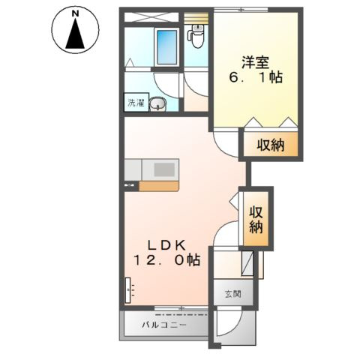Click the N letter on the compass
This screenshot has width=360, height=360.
[x=75, y=13]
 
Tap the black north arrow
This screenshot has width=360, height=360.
[x=75, y=33]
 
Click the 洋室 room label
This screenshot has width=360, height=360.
[x=255, y=62]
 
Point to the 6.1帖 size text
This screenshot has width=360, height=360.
[x=256, y=77]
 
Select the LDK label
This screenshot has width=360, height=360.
[x=167, y=245]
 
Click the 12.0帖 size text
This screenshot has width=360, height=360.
[x=167, y=260]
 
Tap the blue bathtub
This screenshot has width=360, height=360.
[x=166, y=46]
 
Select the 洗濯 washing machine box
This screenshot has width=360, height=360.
[x=136, y=103]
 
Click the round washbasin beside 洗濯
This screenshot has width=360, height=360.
[x=157, y=104]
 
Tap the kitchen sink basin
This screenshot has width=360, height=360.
[x=164, y=169]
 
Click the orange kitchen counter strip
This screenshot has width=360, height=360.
[x=159, y=186]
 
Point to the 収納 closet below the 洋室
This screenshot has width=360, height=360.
[x=271, y=145]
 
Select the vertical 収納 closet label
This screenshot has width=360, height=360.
[x=256, y=220]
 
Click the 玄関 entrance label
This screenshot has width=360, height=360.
[x=233, y=294]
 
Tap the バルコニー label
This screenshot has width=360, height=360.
[x=164, y=325]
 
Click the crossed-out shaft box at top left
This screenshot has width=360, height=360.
[x=151, y=17]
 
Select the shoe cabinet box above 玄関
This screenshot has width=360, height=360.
[x=247, y=263]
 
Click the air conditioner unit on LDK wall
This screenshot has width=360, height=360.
[x=127, y=290]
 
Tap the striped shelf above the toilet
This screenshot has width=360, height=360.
[x=196, y=18]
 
